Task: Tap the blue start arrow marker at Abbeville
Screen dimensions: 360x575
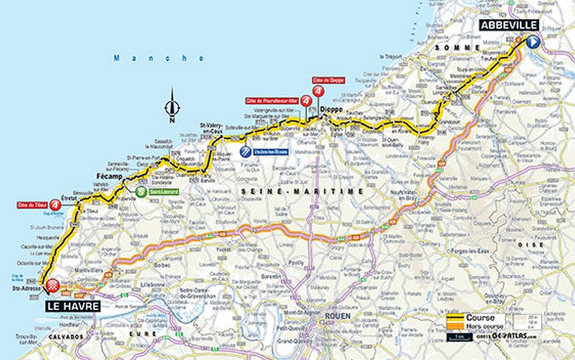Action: pos(533,42)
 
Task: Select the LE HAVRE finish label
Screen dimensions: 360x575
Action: pos(74,306)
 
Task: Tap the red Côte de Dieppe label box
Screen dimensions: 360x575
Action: pos(328,80)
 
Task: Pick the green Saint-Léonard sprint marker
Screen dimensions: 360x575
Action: pos(140,192)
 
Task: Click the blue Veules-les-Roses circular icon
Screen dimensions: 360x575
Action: pos(244,152)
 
